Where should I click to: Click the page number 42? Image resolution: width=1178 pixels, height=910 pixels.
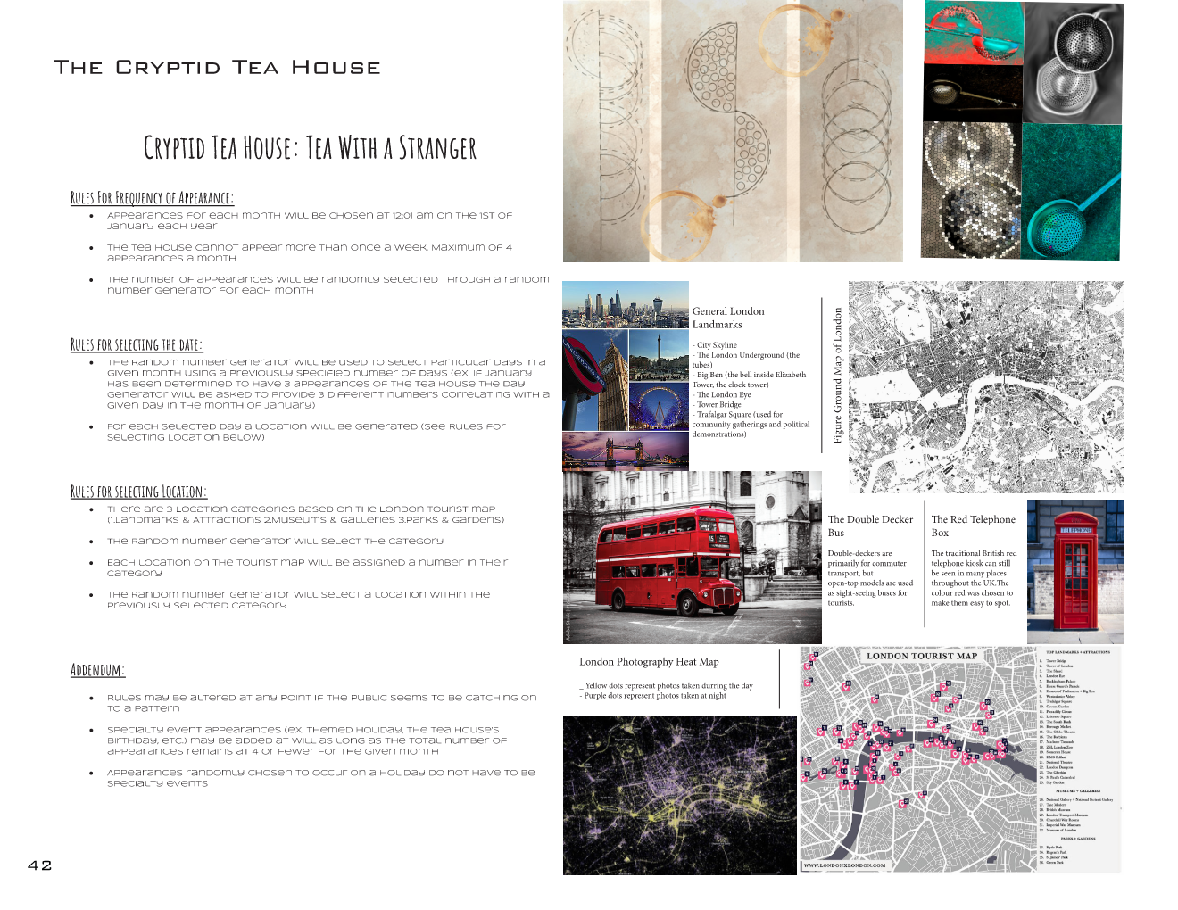tap(40, 865)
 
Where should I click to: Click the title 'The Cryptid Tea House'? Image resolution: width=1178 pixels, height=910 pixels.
tap(217, 68)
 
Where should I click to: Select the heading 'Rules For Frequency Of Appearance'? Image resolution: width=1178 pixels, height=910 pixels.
tap(152, 198)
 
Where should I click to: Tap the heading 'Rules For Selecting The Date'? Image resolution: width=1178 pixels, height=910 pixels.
tap(137, 345)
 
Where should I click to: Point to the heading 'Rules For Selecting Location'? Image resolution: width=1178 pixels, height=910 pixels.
tap(138, 492)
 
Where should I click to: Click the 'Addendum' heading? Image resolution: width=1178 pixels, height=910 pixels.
tap(97, 670)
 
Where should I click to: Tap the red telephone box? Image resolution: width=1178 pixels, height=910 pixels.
tap(1075, 571)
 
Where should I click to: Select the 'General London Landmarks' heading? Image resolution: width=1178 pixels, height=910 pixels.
tap(727, 318)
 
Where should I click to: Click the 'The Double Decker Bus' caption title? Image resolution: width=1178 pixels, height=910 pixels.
tap(869, 525)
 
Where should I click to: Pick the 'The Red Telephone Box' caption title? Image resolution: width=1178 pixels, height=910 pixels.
tap(973, 525)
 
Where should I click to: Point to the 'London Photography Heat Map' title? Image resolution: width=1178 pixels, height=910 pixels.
tap(649, 662)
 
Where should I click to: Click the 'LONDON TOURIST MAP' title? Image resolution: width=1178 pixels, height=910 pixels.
tap(921, 656)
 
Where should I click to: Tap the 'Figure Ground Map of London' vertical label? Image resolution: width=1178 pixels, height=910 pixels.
tap(838, 376)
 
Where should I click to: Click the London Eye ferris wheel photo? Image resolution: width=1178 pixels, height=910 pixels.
tap(659, 407)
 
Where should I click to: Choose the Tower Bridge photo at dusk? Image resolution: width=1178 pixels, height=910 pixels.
tap(625, 451)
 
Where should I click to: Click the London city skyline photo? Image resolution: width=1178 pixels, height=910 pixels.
tap(625, 304)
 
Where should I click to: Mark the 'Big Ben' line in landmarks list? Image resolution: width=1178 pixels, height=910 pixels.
tap(751, 375)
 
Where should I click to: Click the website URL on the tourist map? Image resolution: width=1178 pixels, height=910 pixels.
tap(844, 864)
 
